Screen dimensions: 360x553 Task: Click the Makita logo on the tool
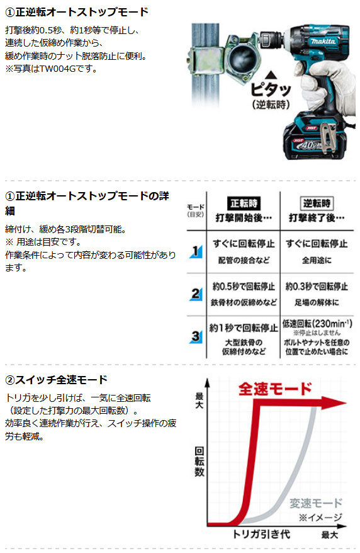point(323,42)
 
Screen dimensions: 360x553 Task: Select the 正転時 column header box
point(244,203)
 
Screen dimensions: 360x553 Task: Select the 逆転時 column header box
point(317,203)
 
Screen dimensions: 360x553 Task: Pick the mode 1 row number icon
point(196,251)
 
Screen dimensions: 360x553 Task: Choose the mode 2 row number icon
point(196,294)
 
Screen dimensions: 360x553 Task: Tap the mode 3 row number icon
point(196,336)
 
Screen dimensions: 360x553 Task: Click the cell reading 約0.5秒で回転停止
point(244,287)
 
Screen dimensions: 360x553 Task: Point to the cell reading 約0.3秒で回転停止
point(317,287)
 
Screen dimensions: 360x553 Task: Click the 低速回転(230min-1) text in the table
point(317,323)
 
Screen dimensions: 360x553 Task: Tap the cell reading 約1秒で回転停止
point(244,328)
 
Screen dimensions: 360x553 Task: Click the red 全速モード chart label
point(275,389)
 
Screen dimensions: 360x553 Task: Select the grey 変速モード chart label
point(315,503)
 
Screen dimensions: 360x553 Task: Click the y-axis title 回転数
point(200,462)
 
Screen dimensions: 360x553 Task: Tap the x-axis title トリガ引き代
point(261,534)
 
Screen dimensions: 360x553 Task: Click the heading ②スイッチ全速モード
point(57,380)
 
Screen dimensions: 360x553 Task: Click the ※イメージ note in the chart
point(320,517)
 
